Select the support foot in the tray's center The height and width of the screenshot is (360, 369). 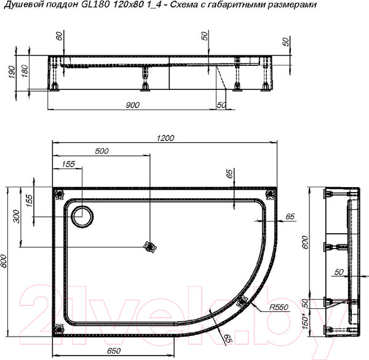point(148,247)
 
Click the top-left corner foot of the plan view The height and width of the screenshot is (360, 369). point(60,194)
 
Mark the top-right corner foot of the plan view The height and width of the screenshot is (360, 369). point(269,194)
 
